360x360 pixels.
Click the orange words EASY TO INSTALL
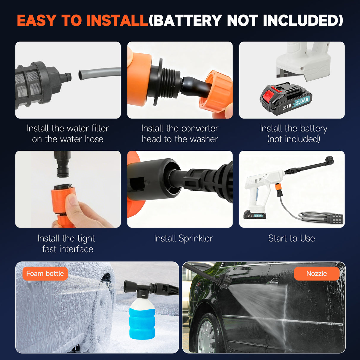[x=82, y=20]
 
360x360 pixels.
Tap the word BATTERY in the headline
[x=188, y=20]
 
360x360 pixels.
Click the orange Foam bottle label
[x=45, y=273]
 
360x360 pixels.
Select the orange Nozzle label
[x=316, y=273]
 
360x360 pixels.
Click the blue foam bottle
[x=142, y=319]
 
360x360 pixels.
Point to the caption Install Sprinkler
[x=183, y=238]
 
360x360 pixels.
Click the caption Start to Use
[x=291, y=238]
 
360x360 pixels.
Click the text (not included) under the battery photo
[x=294, y=139]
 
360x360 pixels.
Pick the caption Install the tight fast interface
[x=66, y=243]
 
